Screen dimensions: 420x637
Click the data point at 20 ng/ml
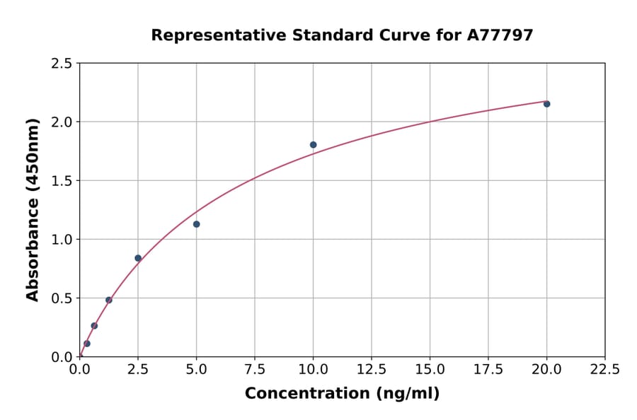click(546, 104)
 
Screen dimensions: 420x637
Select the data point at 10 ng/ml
click(313, 145)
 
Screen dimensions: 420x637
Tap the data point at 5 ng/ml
click(196, 224)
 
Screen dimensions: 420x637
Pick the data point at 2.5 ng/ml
click(138, 258)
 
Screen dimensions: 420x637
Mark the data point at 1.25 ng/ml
click(109, 300)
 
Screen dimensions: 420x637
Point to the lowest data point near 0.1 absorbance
click(87, 344)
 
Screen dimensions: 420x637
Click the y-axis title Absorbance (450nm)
click(33, 209)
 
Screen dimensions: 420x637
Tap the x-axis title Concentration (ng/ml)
click(342, 394)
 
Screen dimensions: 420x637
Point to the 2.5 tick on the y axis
click(62, 64)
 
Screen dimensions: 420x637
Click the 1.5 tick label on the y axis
click(62, 181)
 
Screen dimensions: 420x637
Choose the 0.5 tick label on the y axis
click(62, 298)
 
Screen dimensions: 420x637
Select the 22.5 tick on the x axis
click(604, 370)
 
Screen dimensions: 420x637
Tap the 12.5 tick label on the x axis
click(372, 370)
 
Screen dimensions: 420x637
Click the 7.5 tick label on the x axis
click(255, 370)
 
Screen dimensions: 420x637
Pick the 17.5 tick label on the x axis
click(488, 370)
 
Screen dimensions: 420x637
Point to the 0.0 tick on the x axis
click(80, 370)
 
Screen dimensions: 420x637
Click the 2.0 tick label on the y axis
click(62, 122)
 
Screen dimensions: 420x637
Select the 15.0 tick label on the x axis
click(430, 370)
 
